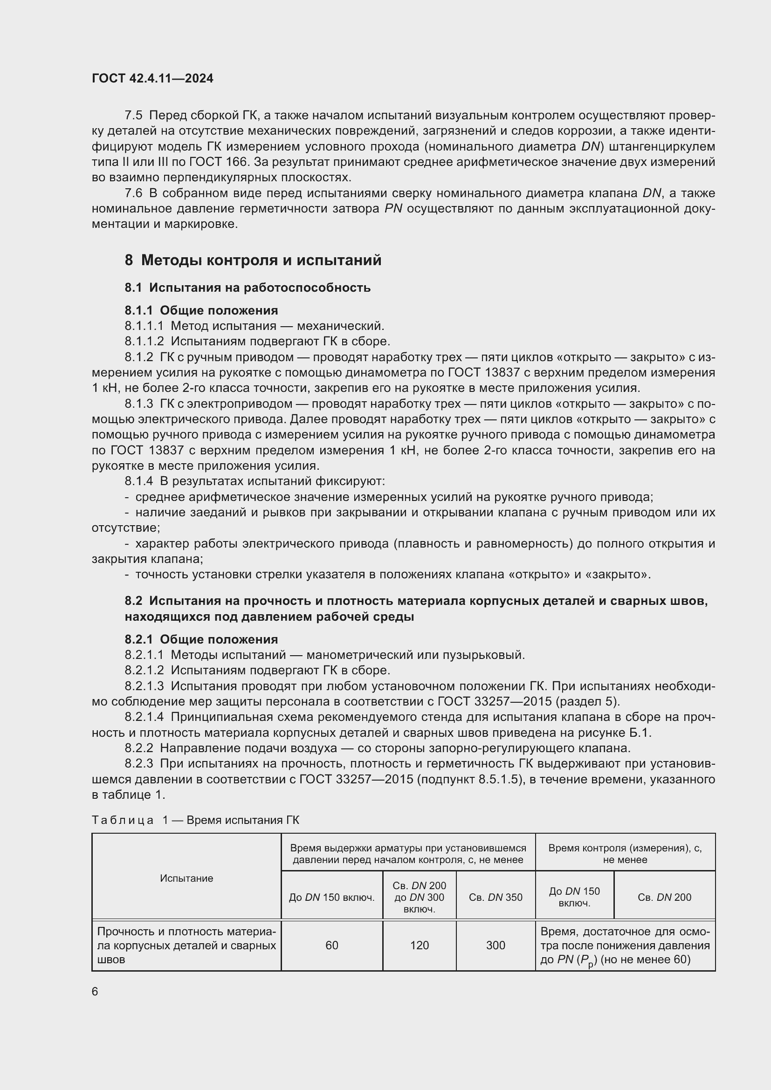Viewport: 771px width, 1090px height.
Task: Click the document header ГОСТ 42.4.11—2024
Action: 152,78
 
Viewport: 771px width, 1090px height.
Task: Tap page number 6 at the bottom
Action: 95,991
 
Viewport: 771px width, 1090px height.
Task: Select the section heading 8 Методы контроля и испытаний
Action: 253,260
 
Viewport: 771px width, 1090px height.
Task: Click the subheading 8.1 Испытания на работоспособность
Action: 248,288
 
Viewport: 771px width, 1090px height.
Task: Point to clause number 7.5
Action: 133,116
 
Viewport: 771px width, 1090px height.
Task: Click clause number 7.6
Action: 133,193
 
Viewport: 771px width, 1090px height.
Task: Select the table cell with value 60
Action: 332,945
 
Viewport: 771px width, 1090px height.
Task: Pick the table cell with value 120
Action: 419,945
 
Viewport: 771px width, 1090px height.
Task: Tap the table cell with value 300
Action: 495,945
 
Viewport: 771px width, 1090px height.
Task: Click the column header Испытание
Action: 186,878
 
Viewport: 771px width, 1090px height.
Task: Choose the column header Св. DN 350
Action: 495,897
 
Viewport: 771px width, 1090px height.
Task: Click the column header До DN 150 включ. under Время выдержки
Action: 332,897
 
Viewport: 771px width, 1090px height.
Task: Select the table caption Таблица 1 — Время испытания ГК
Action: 195,820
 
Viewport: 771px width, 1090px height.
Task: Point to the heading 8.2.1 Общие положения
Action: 201,639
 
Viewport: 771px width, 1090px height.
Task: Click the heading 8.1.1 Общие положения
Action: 201,310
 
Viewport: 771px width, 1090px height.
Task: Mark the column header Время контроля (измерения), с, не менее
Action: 625,854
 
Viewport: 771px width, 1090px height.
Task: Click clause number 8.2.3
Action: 138,763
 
